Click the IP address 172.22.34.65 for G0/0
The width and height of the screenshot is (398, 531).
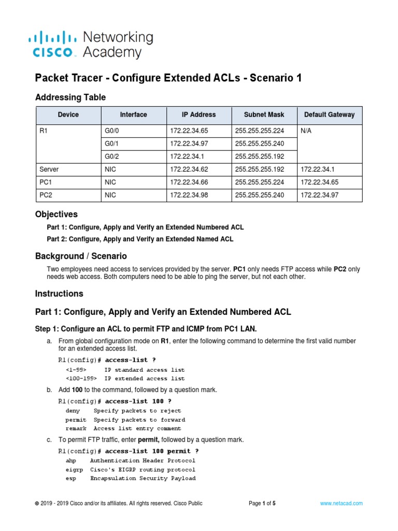click(188, 131)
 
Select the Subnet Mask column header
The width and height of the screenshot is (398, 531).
click(264, 115)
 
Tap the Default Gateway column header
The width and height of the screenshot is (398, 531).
click(330, 115)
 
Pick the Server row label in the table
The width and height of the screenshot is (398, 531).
click(49, 169)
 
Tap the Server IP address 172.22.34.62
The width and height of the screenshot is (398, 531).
click(188, 169)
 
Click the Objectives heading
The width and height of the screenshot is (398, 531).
click(56, 214)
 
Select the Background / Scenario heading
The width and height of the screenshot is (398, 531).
click(81, 256)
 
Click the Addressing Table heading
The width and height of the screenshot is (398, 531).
click(70, 97)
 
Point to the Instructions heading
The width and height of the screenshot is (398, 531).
click(59, 294)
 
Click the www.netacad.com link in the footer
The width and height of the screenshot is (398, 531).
click(341, 503)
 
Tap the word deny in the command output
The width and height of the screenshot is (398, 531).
click(73, 411)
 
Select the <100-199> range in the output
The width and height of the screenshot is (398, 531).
click(81, 379)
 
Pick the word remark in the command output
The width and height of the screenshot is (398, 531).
click(76, 428)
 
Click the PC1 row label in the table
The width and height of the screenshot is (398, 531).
click(46, 182)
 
